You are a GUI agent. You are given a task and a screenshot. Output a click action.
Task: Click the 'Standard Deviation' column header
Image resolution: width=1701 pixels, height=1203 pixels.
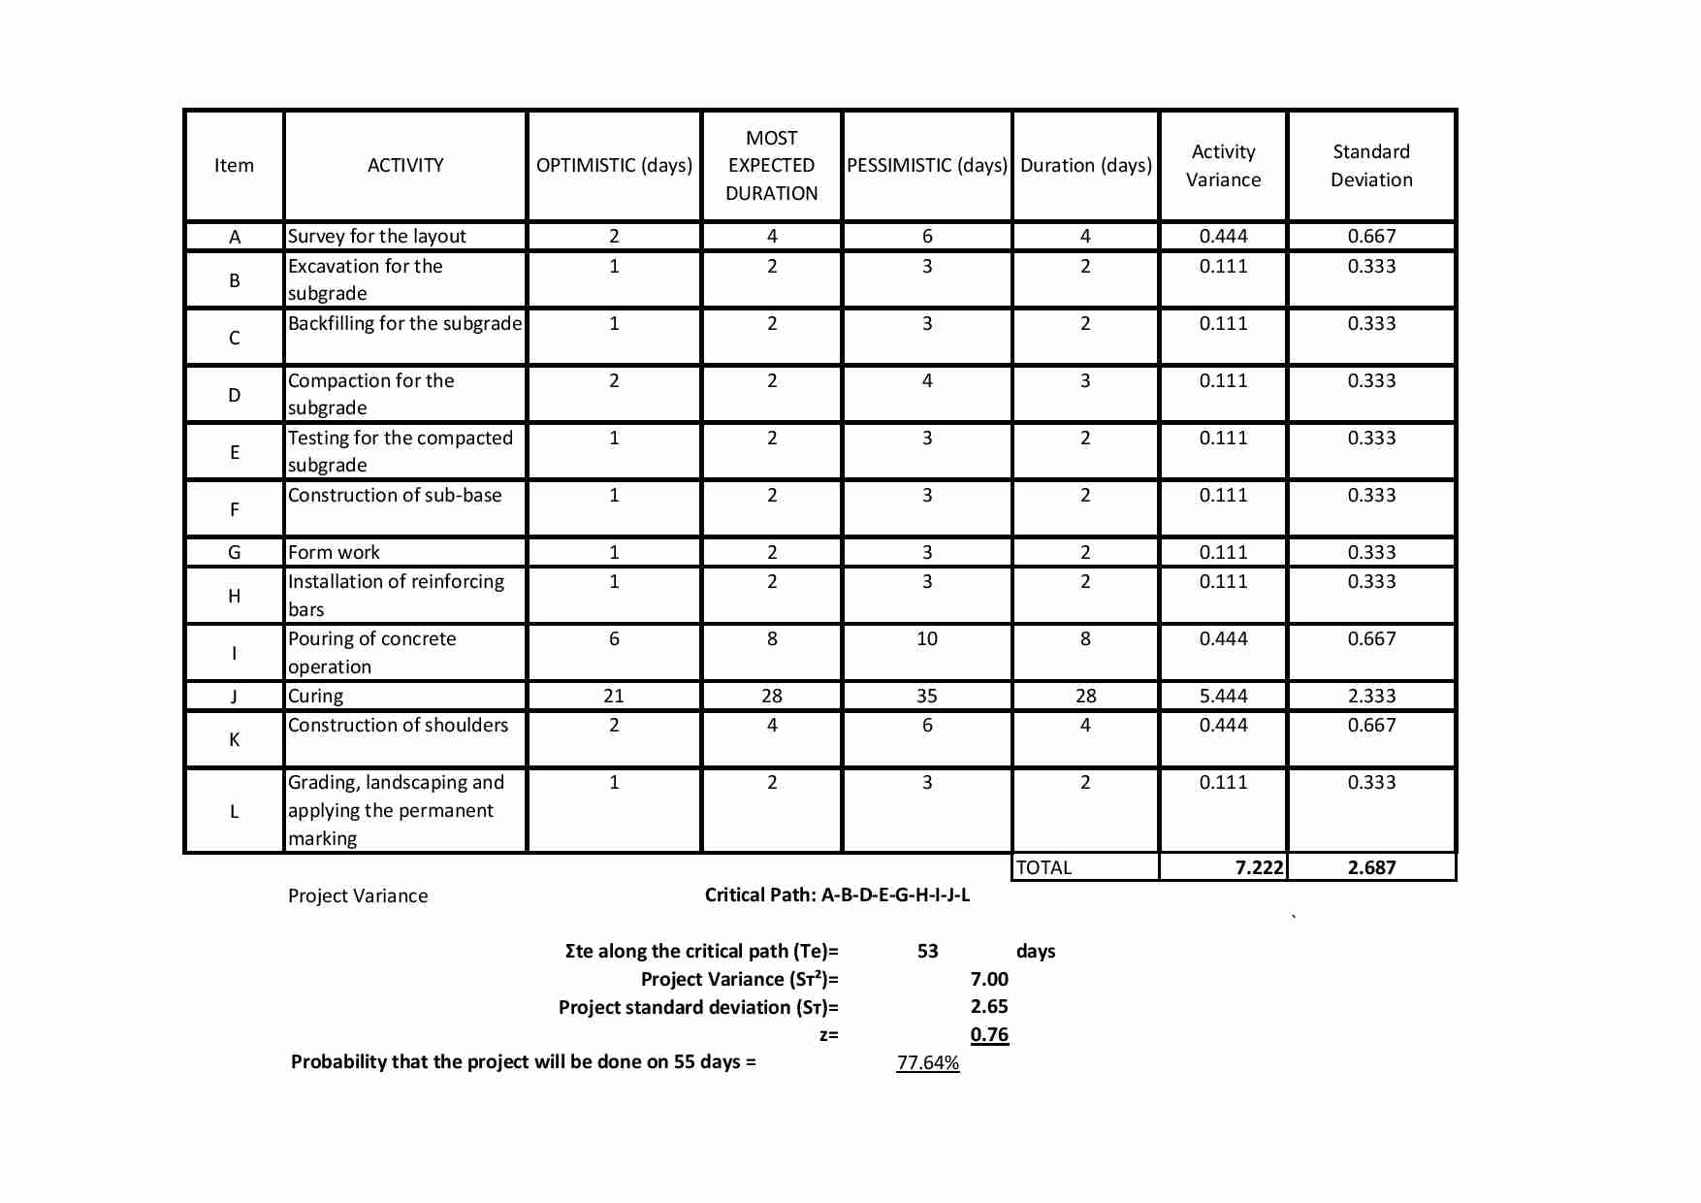click(1371, 166)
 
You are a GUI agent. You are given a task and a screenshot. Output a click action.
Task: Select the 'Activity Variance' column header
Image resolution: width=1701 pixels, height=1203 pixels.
click(1223, 166)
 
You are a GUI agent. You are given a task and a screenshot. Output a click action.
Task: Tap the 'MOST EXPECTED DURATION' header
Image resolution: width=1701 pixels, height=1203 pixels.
click(771, 166)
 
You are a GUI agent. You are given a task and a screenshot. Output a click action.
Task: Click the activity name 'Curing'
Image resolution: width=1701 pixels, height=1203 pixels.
click(316, 697)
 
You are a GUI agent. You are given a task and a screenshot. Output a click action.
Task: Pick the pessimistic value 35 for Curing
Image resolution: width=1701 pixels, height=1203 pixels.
click(927, 697)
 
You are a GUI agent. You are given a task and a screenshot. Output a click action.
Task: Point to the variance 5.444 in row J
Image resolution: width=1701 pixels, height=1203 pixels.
click(1223, 697)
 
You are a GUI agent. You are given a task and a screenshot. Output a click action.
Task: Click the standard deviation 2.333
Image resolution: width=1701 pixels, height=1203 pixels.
click(1371, 697)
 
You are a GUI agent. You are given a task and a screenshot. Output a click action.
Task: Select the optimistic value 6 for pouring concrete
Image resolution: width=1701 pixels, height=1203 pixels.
click(614, 639)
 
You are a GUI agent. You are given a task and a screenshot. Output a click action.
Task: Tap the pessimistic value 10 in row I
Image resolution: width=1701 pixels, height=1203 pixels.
click(927, 639)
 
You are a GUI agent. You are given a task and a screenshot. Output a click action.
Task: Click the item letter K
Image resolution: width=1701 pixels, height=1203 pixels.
click(234, 740)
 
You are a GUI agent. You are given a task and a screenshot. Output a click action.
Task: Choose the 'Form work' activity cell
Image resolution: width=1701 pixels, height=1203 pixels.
click(335, 553)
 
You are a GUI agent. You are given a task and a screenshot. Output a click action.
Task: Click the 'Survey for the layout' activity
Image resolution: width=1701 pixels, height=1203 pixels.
click(377, 237)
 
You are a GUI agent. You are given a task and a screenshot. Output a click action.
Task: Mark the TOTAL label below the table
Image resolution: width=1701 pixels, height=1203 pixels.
click(1044, 868)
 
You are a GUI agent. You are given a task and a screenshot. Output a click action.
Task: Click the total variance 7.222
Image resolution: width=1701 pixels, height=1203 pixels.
click(1259, 868)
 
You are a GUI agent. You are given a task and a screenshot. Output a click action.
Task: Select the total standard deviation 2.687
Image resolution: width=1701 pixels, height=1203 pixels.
click(1371, 868)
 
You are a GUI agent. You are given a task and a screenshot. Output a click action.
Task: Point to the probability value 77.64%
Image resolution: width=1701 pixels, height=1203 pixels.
click(928, 1063)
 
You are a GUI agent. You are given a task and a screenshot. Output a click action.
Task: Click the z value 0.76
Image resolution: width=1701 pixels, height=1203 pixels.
click(989, 1035)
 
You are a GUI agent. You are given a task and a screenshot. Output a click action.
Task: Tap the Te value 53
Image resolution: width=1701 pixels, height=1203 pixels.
click(928, 952)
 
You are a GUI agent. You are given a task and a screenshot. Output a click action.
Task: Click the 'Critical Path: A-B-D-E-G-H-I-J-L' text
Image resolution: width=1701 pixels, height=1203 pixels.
click(837, 895)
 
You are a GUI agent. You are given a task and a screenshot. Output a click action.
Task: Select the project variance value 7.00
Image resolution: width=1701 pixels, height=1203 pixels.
click(989, 980)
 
